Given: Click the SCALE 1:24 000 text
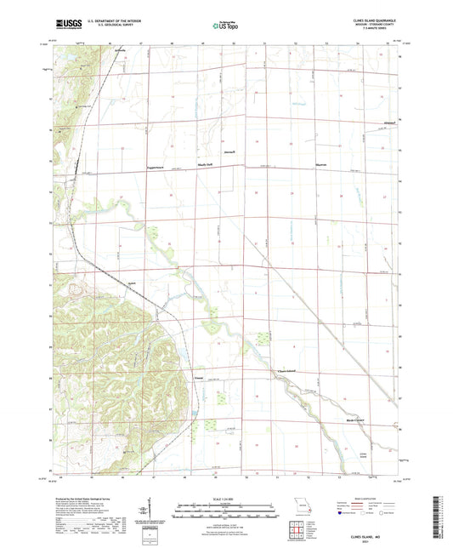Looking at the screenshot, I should click(x=226, y=498).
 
